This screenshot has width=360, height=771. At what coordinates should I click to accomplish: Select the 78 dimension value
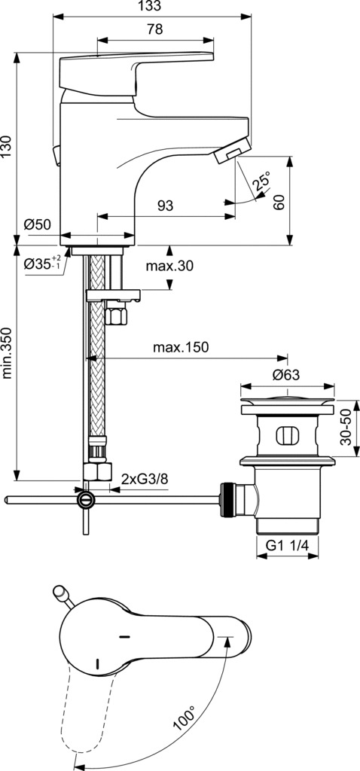pyautogui.click(x=154, y=29)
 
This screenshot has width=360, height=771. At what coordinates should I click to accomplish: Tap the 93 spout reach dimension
pyautogui.click(x=165, y=206)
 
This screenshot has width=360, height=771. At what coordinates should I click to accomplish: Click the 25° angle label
pyautogui.click(x=261, y=181)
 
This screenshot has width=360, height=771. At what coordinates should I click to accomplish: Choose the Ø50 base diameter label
pyautogui.click(x=37, y=224)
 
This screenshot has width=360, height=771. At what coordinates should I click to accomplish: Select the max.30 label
pyautogui.click(x=169, y=266)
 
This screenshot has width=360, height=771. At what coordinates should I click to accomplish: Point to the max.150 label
pyautogui.click(x=181, y=348)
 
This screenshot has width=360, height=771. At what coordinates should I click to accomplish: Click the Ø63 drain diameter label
pyautogui.click(x=286, y=375)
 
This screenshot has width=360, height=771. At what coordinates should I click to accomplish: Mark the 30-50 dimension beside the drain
pyautogui.click(x=347, y=428)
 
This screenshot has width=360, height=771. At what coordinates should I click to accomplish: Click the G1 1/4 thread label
pyautogui.click(x=287, y=545)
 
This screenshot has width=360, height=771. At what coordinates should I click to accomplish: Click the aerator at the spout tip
pyautogui.click(x=232, y=150)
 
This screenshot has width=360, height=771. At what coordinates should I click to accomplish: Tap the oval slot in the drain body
pyautogui.click(x=288, y=435)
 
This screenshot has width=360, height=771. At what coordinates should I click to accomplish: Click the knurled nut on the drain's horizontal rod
pyautogui.click(x=227, y=500)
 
